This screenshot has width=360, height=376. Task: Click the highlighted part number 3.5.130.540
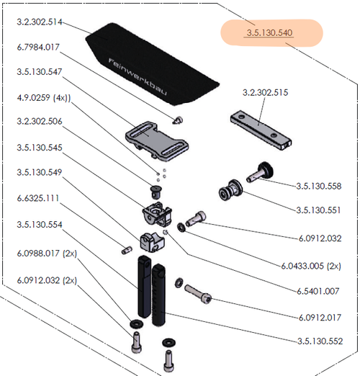point(269,33)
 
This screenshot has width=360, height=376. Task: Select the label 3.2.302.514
point(40,22)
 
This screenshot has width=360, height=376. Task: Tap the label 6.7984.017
point(38,47)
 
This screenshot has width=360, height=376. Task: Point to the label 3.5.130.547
point(40,72)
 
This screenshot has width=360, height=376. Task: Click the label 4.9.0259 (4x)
point(44,98)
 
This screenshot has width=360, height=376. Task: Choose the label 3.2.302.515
point(265,92)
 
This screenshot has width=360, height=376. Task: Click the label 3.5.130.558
point(319,186)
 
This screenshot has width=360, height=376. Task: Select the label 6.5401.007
point(318,291)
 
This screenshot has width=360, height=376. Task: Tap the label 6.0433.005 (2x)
point(311,266)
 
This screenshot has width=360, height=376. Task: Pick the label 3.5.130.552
point(320,341)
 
